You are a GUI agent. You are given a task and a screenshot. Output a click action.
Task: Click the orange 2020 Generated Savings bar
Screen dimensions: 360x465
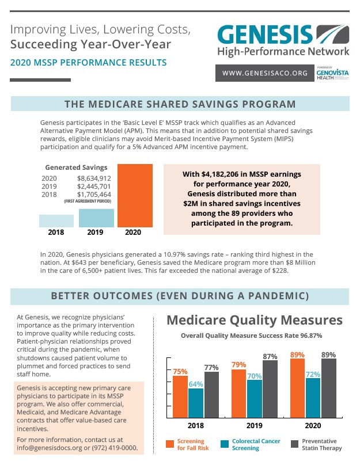(x=135, y=196)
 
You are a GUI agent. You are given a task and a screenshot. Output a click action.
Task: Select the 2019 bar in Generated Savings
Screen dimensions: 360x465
(x=96, y=218)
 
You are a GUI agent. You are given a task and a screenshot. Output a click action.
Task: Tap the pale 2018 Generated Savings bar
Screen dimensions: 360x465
(x=56, y=221)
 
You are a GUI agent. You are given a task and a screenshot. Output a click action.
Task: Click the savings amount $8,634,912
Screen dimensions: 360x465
(x=94, y=178)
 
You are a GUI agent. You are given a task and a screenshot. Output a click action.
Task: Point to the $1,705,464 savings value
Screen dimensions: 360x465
(x=94, y=195)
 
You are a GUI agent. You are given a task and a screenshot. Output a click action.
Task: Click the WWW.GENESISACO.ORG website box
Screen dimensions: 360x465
(x=265, y=73)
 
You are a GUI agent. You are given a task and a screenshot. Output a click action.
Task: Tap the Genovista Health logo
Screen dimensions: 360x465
(x=332, y=73)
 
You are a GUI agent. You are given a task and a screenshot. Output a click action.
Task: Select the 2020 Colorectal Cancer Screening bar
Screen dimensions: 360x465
(x=313, y=398)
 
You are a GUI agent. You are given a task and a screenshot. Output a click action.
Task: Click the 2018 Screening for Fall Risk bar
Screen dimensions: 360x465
(x=180, y=397)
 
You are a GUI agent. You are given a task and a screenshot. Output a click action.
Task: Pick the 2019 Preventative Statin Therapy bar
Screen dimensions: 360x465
(x=270, y=389)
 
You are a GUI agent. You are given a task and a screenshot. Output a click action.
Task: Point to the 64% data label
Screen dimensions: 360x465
(x=196, y=384)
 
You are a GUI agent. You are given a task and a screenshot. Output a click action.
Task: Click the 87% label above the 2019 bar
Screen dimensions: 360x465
(x=270, y=356)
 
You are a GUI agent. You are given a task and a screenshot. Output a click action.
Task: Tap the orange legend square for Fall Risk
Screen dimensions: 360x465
(x=170, y=444)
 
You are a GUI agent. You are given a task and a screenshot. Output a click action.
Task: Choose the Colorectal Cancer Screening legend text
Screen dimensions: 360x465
(x=256, y=444)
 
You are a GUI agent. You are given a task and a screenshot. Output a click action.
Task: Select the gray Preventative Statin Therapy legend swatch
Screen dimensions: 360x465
(x=294, y=444)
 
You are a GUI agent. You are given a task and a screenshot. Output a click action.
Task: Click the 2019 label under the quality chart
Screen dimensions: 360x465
(x=255, y=425)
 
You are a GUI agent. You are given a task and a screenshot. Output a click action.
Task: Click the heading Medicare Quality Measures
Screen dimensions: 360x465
(x=255, y=321)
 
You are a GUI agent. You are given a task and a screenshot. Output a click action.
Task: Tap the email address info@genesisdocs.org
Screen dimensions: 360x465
(x=50, y=448)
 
